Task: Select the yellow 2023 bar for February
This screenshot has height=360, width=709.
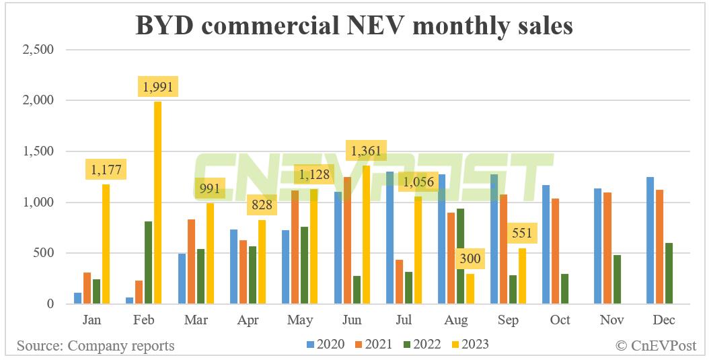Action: [x=157, y=203]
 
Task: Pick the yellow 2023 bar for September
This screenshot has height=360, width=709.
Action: [x=522, y=276]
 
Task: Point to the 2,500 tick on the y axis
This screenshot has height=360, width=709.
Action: [x=38, y=49]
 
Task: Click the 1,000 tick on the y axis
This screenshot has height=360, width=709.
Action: [x=38, y=203]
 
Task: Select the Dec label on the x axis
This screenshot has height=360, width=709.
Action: [x=663, y=320]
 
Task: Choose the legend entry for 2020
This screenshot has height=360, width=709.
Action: [x=326, y=345]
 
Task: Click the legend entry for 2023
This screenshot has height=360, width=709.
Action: [x=471, y=345]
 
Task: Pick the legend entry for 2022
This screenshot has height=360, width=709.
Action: [x=422, y=345]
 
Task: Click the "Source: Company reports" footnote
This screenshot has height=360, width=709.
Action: [x=96, y=346]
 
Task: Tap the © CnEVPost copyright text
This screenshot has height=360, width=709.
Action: [x=659, y=346]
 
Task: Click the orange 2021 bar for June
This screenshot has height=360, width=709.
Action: [x=346, y=240]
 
